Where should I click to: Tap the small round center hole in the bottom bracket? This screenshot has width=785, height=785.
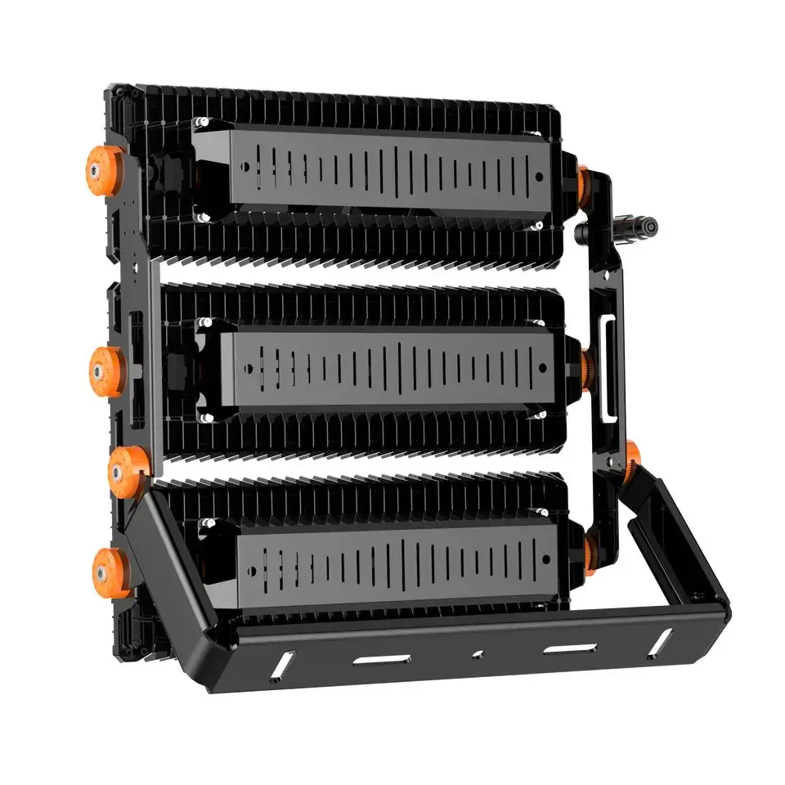click(x=478, y=654)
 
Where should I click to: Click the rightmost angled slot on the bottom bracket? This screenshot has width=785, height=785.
click(x=659, y=643)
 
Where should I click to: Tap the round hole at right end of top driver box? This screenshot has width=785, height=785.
click(x=539, y=176)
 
